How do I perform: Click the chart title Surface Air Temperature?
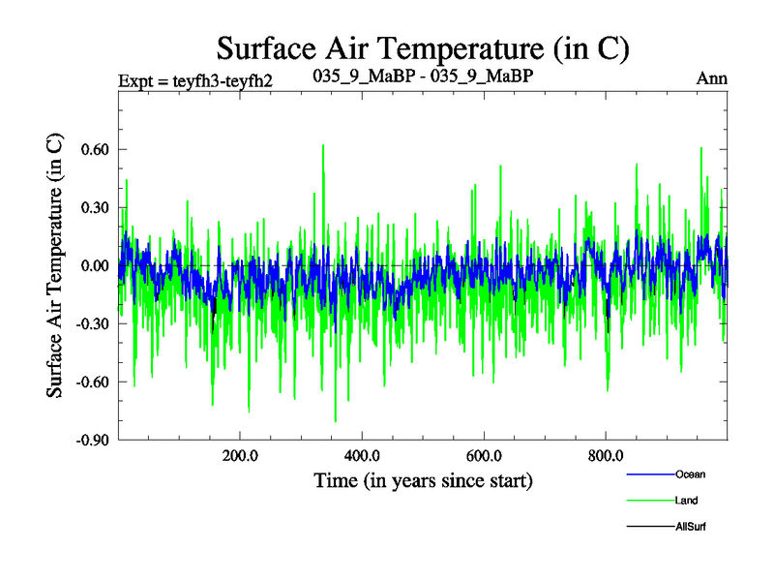(x=424, y=47)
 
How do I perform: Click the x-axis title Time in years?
(x=423, y=480)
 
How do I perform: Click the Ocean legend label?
(x=691, y=474)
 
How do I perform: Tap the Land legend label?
(x=686, y=501)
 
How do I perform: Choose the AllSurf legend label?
(x=692, y=527)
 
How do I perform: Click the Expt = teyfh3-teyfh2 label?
(x=194, y=79)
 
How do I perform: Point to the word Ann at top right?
(x=711, y=78)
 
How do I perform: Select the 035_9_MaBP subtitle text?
(x=424, y=75)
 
